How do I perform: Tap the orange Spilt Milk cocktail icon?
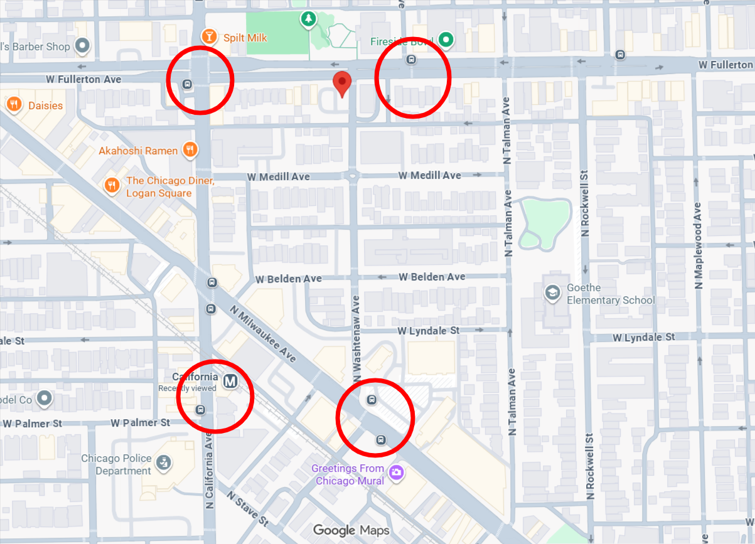pyautogui.click(x=206, y=36)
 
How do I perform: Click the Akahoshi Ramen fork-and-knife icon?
pyautogui.click(x=190, y=149)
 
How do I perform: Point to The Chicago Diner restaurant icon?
pyautogui.click(x=112, y=185)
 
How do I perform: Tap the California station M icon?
pyautogui.click(x=230, y=380)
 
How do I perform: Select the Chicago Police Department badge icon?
pyautogui.click(x=164, y=464)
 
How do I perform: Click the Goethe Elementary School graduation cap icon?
pyautogui.click(x=552, y=293)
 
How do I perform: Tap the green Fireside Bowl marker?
pyautogui.click(x=446, y=40)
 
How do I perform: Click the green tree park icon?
pyautogui.click(x=308, y=20)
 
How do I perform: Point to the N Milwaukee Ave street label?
pyautogui.click(x=264, y=333)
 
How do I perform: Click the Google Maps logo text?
pyautogui.click(x=351, y=530)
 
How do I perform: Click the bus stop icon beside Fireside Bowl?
pyautogui.click(x=412, y=60)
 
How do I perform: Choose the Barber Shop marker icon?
pyautogui.click(x=82, y=45)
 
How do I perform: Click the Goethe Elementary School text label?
pyautogui.click(x=610, y=294)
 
